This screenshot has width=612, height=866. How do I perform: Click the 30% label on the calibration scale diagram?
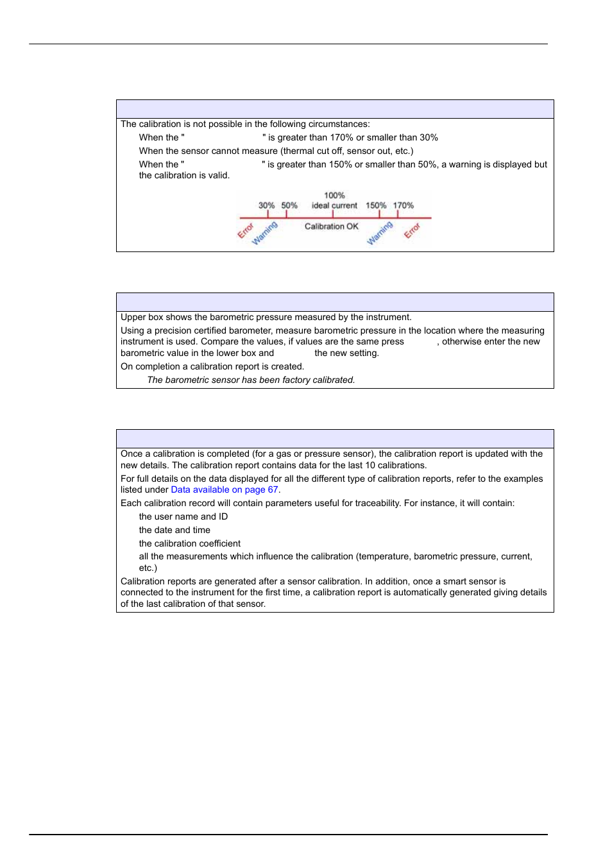[x=266, y=206]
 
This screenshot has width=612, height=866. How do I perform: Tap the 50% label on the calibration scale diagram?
[x=289, y=206]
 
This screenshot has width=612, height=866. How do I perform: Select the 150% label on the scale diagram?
[x=376, y=206]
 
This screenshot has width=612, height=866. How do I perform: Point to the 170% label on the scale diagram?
[x=404, y=206]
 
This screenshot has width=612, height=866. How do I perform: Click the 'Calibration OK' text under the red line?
[x=331, y=226]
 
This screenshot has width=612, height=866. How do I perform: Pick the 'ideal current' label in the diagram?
[x=334, y=206]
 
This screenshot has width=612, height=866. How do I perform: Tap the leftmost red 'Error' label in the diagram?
[x=246, y=231]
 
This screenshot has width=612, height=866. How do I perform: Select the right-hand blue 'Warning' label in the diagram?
[x=380, y=233]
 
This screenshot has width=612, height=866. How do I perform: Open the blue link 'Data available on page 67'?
[x=224, y=489]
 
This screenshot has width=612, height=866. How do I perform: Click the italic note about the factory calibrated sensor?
[x=251, y=380]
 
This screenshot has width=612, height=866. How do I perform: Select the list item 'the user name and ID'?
[x=183, y=516]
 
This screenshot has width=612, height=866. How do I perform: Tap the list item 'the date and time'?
[x=174, y=530]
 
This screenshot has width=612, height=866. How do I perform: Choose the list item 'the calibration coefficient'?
[x=189, y=543]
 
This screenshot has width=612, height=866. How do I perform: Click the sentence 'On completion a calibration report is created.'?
[x=212, y=366]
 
